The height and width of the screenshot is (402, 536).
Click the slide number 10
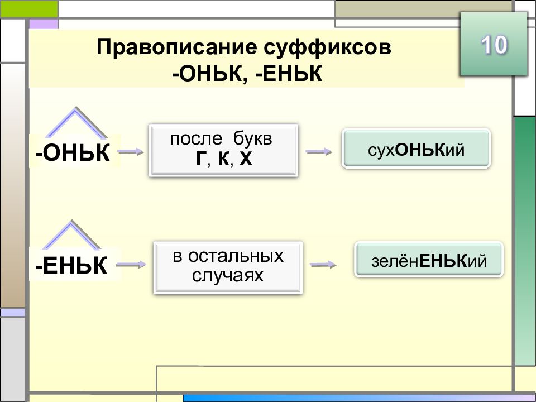click(494, 45)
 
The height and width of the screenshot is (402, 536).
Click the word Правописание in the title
click(177, 47)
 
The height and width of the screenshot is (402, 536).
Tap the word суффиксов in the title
click(328, 47)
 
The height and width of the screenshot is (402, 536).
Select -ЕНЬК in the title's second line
click(289, 74)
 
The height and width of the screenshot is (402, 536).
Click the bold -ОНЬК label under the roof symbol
click(73, 152)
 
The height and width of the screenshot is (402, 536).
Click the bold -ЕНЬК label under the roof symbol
click(71, 266)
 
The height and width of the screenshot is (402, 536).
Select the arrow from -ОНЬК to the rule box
click(131, 151)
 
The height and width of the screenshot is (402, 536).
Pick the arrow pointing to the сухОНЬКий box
click(319, 151)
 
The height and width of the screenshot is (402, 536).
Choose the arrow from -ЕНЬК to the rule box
click(131, 264)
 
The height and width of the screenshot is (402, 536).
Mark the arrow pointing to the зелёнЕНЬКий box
click(323, 264)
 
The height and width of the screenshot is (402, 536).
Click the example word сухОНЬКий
click(417, 150)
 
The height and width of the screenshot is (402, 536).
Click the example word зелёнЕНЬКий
click(429, 261)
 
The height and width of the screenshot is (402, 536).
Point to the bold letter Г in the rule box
click(200, 159)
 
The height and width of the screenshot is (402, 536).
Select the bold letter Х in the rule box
click(246, 159)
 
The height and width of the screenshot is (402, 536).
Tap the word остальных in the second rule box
click(236, 256)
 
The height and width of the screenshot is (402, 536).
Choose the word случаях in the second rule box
click(228, 275)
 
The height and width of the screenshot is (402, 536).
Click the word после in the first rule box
click(196, 139)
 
